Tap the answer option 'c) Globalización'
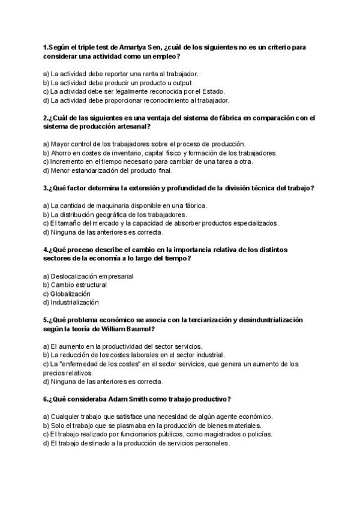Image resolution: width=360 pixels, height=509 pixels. click(67, 294)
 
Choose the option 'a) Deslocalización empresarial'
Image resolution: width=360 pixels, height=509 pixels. click(88, 276)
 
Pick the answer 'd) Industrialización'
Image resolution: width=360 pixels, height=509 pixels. click(71, 303)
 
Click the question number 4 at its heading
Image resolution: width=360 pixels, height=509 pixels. click(46, 250)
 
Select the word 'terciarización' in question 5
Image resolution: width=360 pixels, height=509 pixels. click(208, 320)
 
